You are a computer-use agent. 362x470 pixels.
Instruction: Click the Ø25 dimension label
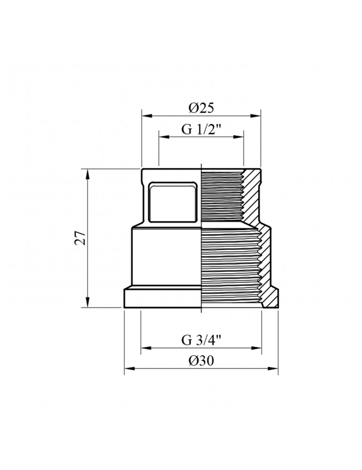tap(201, 108)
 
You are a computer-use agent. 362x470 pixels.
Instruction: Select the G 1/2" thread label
tap(201, 130)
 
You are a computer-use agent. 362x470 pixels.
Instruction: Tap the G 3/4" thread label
tap(201, 340)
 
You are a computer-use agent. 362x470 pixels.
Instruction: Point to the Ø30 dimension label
tap(201, 360)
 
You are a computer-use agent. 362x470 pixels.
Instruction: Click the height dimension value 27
tap(81, 238)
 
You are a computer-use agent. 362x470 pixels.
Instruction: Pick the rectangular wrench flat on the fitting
tap(173, 202)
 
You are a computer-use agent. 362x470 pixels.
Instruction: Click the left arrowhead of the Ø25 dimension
tap(146, 116)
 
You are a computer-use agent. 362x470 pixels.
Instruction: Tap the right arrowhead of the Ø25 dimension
tap(256, 116)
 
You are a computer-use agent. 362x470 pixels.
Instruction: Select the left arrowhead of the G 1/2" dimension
tap(164, 137)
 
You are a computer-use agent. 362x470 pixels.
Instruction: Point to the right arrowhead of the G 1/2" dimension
tap(239, 137)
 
